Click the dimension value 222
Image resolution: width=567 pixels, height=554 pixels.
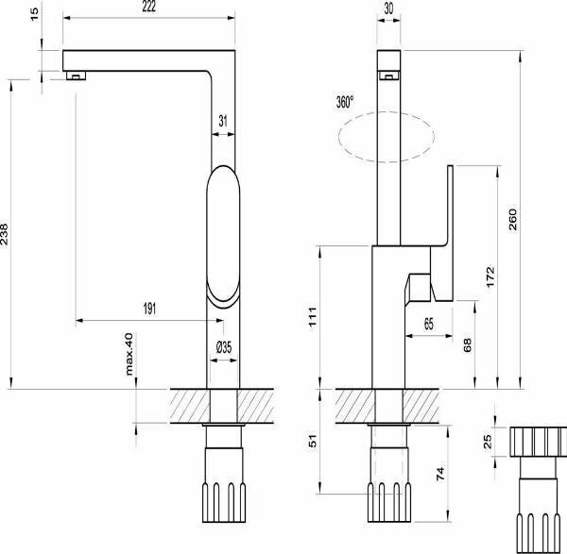tap(149, 8)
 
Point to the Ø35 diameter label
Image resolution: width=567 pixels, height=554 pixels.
tap(224, 347)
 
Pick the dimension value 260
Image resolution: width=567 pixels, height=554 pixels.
tap(539, 220)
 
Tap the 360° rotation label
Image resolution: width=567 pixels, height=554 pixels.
tap(344, 103)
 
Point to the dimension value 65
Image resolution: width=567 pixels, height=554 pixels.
tap(429, 324)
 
